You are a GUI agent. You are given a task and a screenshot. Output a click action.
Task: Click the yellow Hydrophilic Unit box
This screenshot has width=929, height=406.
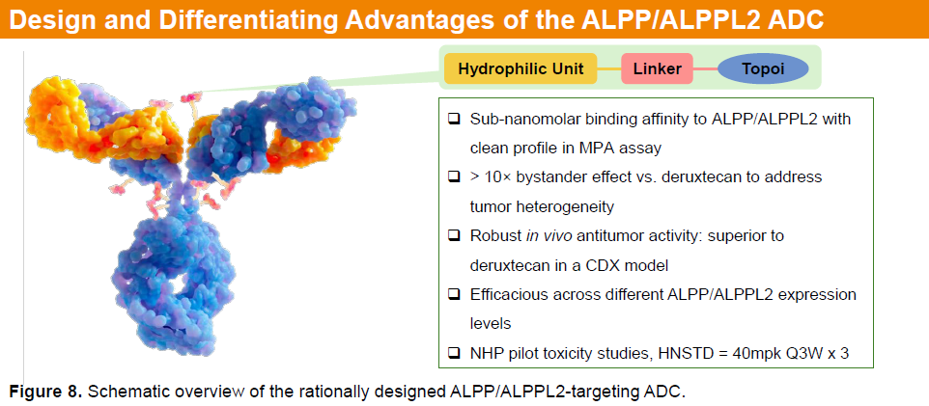pyautogui.click(x=521, y=68)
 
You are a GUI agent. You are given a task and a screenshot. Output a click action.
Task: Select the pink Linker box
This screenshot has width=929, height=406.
pyautogui.click(x=657, y=68)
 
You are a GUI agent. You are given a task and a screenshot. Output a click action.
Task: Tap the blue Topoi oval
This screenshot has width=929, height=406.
pyautogui.click(x=763, y=68)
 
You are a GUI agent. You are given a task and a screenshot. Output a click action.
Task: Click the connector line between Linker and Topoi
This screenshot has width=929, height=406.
pyautogui.click(x=706, y=68)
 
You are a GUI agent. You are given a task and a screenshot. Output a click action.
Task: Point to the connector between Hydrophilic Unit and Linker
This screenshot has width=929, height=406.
pyautogui.click(x=608, y=68)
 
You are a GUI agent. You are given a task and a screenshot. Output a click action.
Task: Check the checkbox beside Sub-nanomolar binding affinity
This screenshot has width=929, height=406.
pyautogui.click(x=454, y=119)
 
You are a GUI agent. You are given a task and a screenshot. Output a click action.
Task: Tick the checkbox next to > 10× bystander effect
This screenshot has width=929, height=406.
pyautogui.click(x=454, y=177)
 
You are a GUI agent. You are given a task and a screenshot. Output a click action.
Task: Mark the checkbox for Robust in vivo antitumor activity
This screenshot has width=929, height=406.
pyautogui.click(x=454, y=236)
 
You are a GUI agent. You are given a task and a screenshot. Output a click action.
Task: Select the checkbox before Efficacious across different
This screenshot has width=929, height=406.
pyautogui.click(x=454, y=295)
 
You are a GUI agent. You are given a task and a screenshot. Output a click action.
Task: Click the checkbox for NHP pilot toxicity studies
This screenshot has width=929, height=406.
pyautogui.click(x=454, y=353)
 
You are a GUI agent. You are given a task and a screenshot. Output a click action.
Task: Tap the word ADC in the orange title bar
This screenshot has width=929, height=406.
pyautogui.click(x=797, y=19)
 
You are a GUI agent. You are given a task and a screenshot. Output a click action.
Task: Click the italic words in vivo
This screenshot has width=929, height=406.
pyautogui.click(x=546, y=236)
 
